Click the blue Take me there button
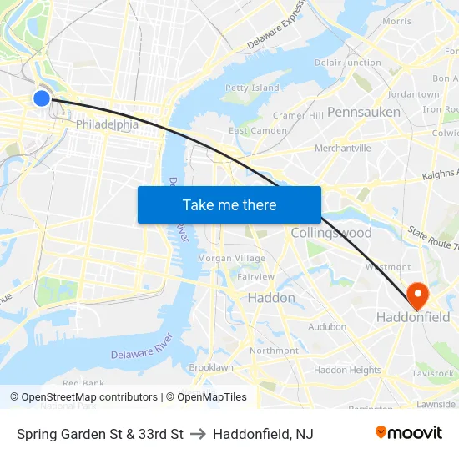(x=229, y=204)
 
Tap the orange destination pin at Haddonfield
(x=416, y=293)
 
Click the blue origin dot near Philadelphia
(x=42, y=98)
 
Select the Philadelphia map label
(x=107, y=124)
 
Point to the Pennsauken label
(x=364, y=111)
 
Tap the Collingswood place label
(x=331, y=233)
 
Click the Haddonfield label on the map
(x=413, y=317)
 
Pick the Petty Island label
(x=253, y=88)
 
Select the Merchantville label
(x=342, y=148)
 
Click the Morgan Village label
(x=231, y=259)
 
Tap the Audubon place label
(x=327, y=327)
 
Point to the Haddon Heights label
(x=347, y=370)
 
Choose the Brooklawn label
(x=211, y=367)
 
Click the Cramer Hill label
(x=298, y=115)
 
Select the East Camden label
(x=258, y=130)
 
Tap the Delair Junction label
(x=348, y=63)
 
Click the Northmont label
(x=274, y=351)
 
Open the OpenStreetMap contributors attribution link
(x=89, y=397)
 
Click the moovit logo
(x=409, y=433)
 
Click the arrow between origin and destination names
(x=198, y=434)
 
